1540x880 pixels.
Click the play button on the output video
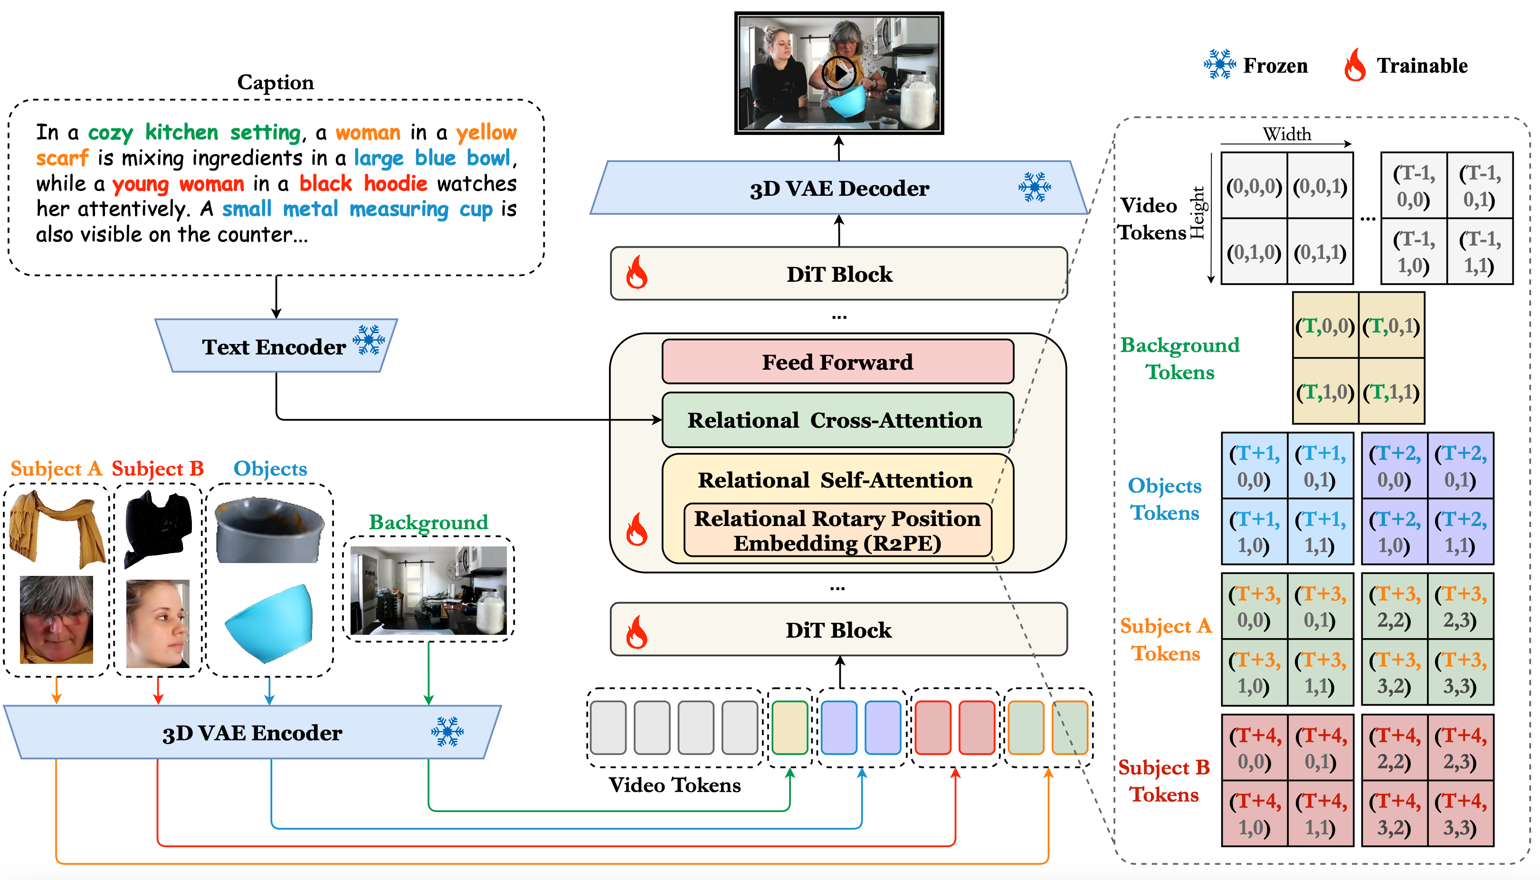(x=839, y=73)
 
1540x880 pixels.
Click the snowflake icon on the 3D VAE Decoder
(x=1034, y=187)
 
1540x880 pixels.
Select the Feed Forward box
(x=837, y=362)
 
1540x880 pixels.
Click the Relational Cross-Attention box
(x=837, y=420)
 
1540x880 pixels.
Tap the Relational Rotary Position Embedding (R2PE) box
(x=837, y=531)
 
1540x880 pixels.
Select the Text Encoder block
(x=276, y=346)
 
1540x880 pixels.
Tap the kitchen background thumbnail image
(x=428, y=590)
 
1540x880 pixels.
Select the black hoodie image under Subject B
(x=158, y=527)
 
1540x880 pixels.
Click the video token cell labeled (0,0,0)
(x=1254, y=186)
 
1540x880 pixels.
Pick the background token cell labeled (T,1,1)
(x=1391, y=392)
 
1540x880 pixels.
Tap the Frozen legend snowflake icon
(x=1219, y=65)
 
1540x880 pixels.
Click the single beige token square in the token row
(x=789, y=727)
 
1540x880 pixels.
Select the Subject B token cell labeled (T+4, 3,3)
(x=1460, y=813)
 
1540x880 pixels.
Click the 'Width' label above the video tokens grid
(x=1286, y=134)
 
